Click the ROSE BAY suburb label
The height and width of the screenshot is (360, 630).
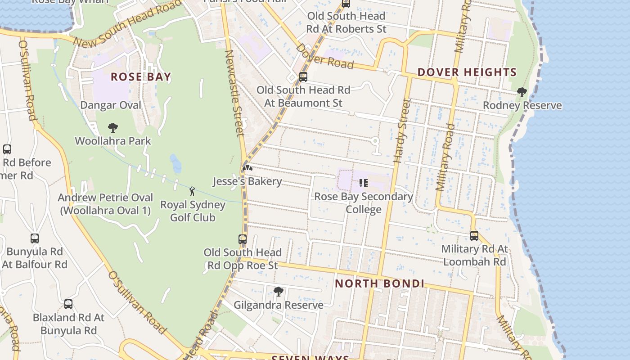coord(141,77)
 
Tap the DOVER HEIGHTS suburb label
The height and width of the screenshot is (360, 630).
coord(467,72)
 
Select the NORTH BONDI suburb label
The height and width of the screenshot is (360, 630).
coord(380,283)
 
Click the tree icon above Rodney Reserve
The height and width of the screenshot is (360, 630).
coord(522,92)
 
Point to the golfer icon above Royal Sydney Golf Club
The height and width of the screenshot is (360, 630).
coord(192,191)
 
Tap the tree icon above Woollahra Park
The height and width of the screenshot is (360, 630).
coord(113,128)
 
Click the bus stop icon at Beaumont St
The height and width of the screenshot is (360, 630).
coord(303,77)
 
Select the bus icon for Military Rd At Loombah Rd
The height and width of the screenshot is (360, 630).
coord(474,235)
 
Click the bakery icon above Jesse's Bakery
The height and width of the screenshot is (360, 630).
coord(247,168)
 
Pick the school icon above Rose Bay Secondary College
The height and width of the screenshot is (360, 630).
coord(363,183)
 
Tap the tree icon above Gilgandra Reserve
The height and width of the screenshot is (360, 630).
coord(279,292)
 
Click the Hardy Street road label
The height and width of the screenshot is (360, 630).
coord(401,130)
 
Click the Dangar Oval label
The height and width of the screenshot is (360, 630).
coord(111,105)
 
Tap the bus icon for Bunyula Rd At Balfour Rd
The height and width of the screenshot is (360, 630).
coord(35,238)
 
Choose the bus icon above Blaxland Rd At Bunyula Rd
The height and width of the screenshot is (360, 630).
coord(68,304)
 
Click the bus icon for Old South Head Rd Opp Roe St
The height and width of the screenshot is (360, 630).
coord(243,239)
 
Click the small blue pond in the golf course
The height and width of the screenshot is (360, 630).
coord(175,164)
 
